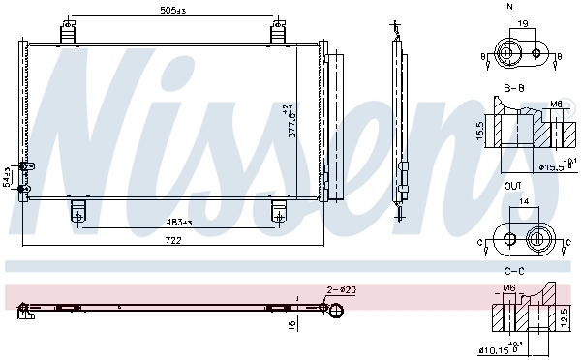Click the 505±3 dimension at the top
click(174, 13)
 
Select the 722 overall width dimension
click(175, 239)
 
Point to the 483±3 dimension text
click(178, 224)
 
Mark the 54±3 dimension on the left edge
click(7, 176)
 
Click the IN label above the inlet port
click(508, 7)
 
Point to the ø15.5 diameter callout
click(552, 167)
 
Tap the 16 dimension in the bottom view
click(290, 326)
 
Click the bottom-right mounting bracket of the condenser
click(279, 211)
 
